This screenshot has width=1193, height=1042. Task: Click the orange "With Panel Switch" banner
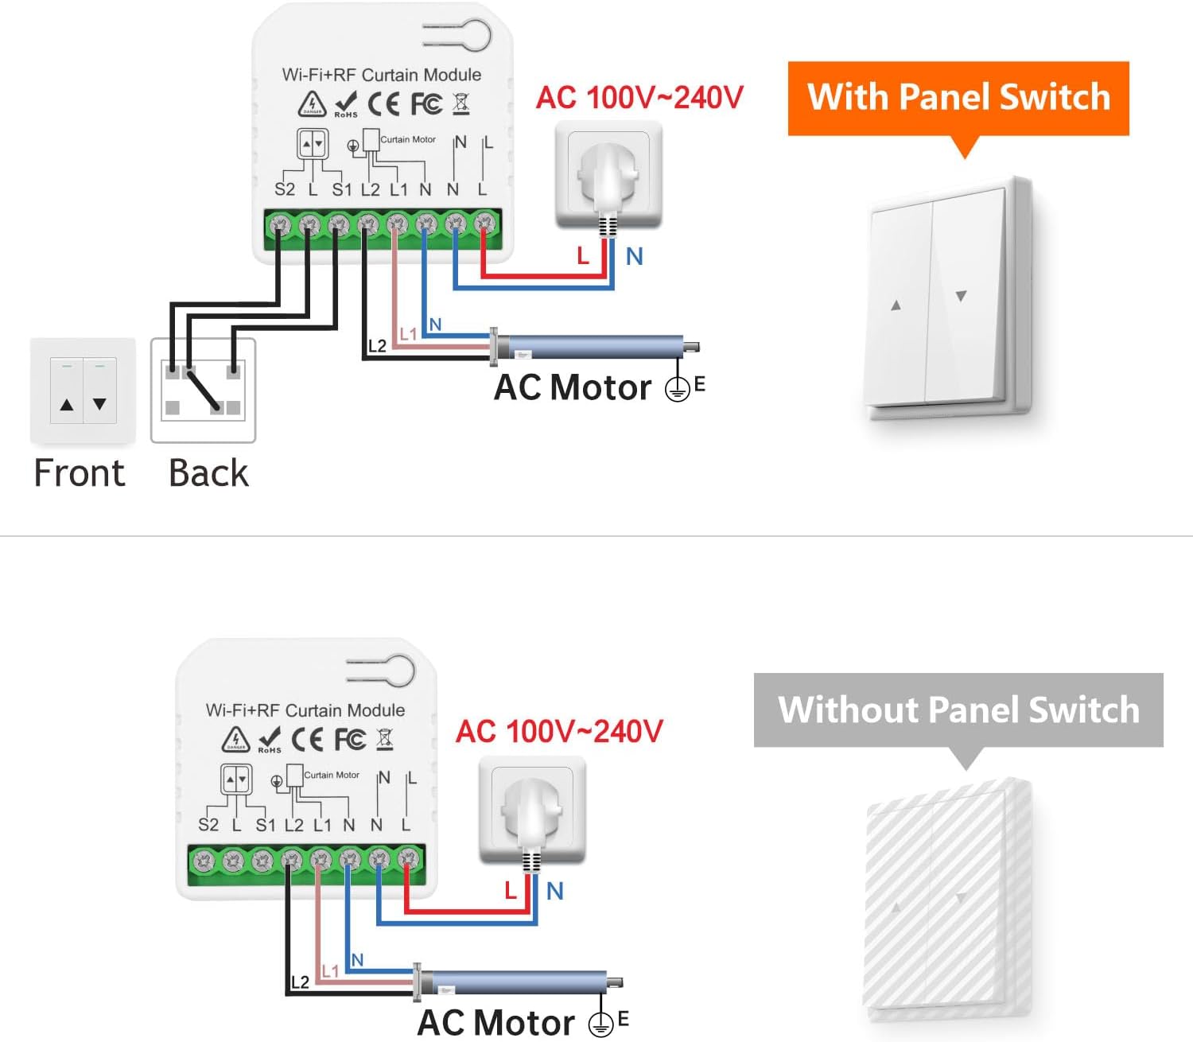pos(958,98)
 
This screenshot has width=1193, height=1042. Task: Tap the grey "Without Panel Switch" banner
pos(958,710)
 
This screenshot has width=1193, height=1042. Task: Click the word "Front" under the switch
pos(80,473)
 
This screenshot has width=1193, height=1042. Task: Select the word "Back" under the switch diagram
pos(208,473)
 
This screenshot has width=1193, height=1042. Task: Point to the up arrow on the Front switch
pos(67,405)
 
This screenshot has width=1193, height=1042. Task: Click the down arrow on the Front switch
pos(99,404)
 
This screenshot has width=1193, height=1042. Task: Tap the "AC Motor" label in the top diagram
pos(572,388)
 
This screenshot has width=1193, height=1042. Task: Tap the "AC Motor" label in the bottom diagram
pos(495,1023)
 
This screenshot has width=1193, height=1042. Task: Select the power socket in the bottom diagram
pos(532,810)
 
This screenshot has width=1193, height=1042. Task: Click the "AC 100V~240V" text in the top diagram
pos(639,98)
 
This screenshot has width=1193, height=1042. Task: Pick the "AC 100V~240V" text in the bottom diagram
pos(559,731)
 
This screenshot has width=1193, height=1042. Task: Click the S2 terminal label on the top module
pos(284,189)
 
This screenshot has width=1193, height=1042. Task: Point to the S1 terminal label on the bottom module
pos(266,825)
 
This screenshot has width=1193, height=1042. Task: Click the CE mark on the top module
pos(383,103)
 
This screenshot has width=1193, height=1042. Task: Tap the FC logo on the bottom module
pos(350,739)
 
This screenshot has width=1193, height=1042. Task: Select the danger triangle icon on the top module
pos(312,103)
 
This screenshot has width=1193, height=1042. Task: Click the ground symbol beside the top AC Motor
pos(677,388)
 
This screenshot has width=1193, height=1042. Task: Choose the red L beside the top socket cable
pos(583,256)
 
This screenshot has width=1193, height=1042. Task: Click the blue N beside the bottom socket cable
pos(555,891)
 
